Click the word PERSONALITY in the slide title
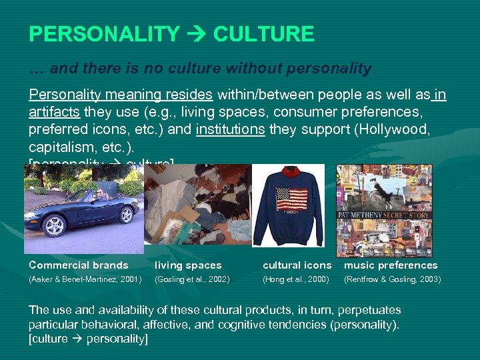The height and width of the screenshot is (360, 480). coord(104,34)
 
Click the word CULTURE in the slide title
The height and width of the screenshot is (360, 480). coord(263,34)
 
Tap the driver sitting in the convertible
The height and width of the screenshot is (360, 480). coord(100,195)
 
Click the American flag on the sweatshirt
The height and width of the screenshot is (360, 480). coord(291,201)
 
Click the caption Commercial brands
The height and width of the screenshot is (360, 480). coord(78,265)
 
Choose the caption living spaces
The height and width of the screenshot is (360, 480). coord(189,265)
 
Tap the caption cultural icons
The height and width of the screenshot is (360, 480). coord(297,265)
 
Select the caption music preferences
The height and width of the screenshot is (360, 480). coord(391,265)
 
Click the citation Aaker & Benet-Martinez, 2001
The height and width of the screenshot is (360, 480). coord(85,279)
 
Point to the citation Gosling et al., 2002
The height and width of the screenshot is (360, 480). coord(192,279)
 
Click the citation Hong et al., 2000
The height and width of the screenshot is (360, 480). coord(296,279)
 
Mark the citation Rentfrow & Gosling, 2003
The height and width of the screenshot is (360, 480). coord(392,279)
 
